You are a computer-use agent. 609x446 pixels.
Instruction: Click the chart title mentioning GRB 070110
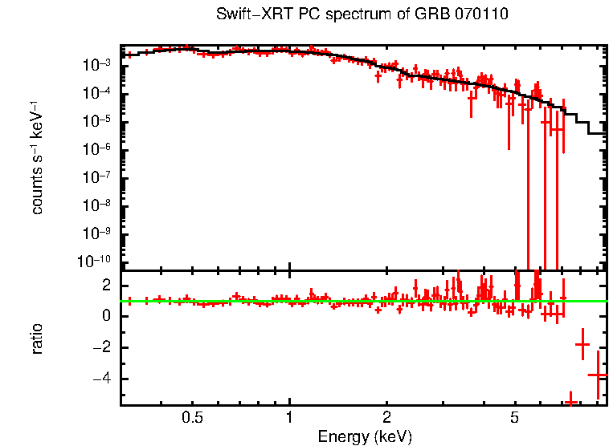coord(362,14)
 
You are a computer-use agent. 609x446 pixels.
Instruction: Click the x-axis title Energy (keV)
coord(365,436)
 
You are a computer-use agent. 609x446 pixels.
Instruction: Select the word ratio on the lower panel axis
coord(37,339)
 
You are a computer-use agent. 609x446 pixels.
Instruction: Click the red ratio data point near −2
coord(582,344)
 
